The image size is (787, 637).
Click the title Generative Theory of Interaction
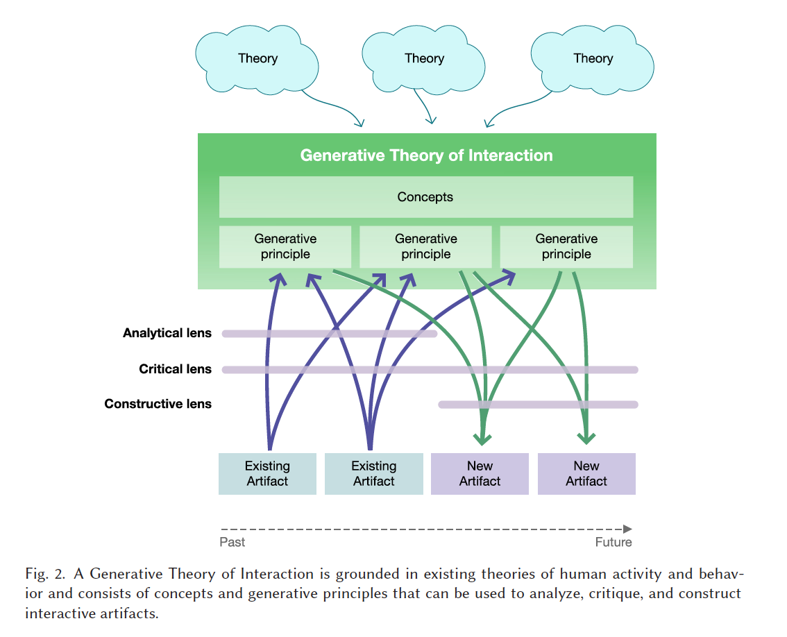point(426,155)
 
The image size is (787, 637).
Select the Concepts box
point(425,197)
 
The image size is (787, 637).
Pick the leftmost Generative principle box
point(285,246)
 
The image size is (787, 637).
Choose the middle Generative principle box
point(425,246)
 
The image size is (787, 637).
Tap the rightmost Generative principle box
point(566,246)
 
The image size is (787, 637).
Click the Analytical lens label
point(167,333)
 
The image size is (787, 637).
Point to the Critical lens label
point(175,369)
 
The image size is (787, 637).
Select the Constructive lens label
point(158,404)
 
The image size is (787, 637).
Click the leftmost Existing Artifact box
point(267,474)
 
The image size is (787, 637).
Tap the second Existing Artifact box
point(373,474)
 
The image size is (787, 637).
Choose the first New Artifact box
point(480,474)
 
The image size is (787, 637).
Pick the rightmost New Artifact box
point(586,474)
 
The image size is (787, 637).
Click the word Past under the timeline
point(232,542)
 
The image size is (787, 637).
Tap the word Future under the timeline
point(613,542)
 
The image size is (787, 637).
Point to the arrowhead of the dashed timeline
point(627,529)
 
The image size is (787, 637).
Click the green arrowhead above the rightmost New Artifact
point(587,438)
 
